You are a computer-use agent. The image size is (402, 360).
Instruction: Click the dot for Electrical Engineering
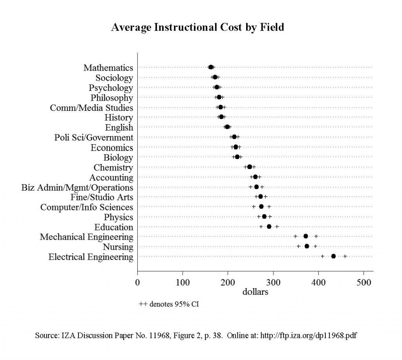pos(333,256)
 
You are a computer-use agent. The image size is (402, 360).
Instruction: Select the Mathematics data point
pos(211,67)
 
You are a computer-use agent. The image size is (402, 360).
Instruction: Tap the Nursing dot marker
pos(307,246)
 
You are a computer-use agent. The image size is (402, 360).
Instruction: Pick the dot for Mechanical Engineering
pos(305,236)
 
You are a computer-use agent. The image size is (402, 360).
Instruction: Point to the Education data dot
pos(269,226)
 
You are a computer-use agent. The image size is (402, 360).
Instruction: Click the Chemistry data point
pos(249,167)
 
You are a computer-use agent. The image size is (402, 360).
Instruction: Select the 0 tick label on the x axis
pos(137,282)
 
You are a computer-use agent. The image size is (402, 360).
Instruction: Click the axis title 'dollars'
pos(255,292)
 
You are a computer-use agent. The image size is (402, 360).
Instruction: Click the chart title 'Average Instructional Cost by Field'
pos(197,28)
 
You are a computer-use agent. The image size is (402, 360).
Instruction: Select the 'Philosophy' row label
pos(112,97)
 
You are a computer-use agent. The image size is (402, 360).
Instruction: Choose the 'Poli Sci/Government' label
pos(94,138)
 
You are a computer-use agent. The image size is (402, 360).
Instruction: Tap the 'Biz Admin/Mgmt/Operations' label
pos(77,187)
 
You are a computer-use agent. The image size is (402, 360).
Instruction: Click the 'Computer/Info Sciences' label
pos(87,207)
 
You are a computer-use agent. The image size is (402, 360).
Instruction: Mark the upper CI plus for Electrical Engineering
pos(345,256)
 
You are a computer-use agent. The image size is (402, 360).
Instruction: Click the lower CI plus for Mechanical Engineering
pos(295,236)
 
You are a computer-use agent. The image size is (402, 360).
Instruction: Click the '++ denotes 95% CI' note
pos(169,304)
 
